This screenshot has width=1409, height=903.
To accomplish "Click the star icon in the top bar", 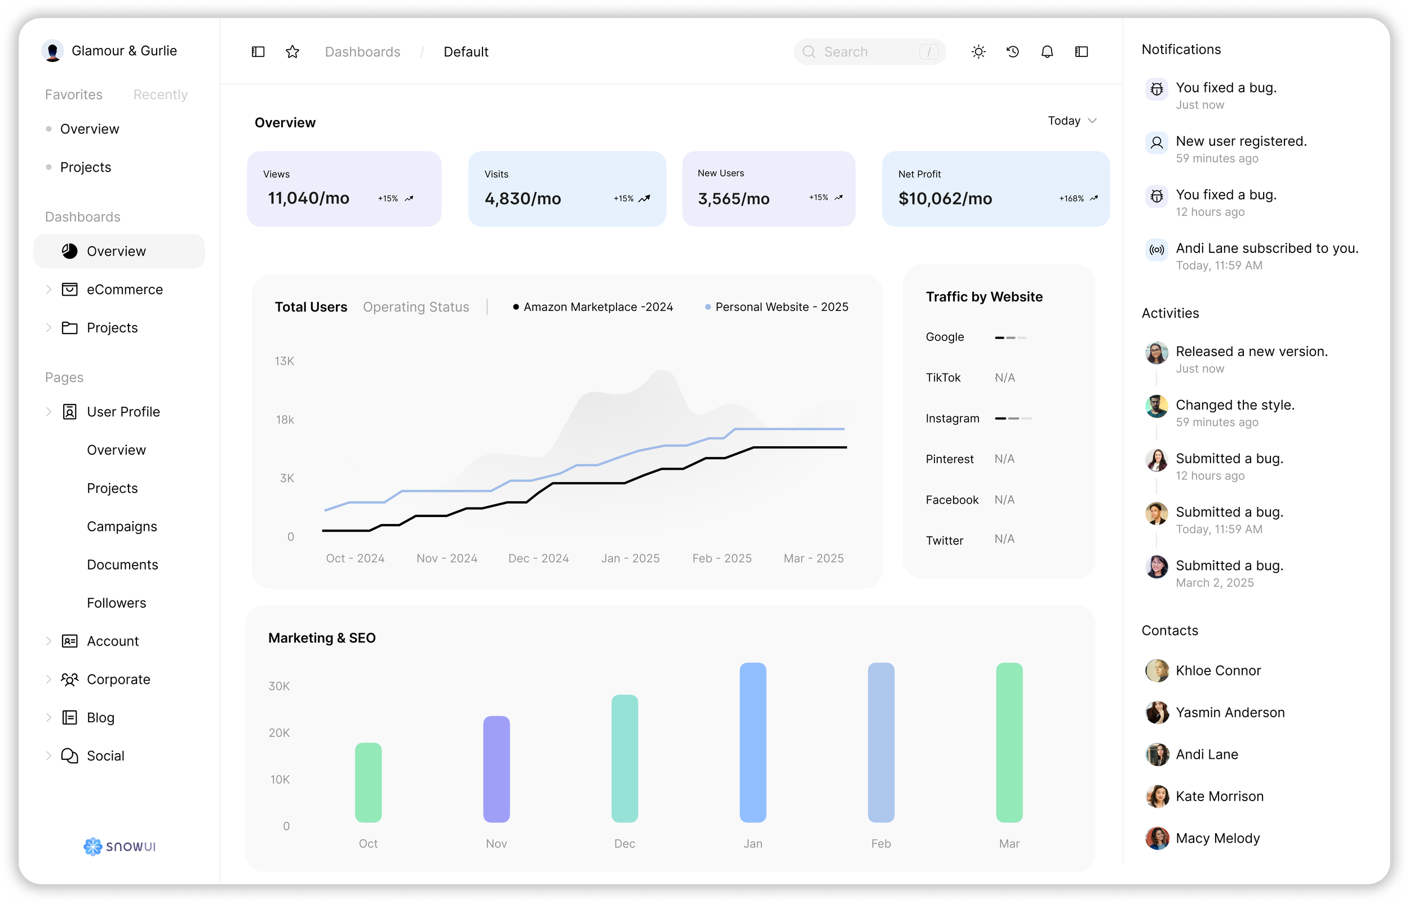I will tap(292, 52).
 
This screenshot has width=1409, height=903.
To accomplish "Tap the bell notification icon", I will tap(1047, 52).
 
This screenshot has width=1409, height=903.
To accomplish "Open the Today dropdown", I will tap(1071, 121).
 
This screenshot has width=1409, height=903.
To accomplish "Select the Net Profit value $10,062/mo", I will tap(945, 199).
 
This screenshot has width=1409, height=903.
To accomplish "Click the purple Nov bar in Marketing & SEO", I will tap(497, 768).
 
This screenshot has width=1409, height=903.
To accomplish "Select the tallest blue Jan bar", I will tap(752, 742).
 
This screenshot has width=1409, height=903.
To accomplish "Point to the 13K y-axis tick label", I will tap(285, 361).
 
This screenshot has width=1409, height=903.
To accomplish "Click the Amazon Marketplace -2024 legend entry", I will tap(593, 306).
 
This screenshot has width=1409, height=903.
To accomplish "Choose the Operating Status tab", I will tap(416, 306).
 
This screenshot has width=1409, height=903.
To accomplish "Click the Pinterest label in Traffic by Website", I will tap(949, 459).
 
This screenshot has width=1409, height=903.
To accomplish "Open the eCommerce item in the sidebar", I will tap(125, 290).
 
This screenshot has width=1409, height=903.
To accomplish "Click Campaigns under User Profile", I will tap(122, 527).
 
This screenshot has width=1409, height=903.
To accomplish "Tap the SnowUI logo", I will tap(119, 846).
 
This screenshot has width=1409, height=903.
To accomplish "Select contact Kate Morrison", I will tap(1219, 797).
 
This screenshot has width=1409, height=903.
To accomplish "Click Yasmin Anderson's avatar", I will tap(1157, 713).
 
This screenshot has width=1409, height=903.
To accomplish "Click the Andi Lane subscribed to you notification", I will tap(1266, 248).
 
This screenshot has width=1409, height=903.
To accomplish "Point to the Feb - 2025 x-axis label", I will tap(721, 558).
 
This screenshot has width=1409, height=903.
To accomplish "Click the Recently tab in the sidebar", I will tap(160, 95).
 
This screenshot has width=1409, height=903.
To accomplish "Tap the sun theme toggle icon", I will tap(978, 52).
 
